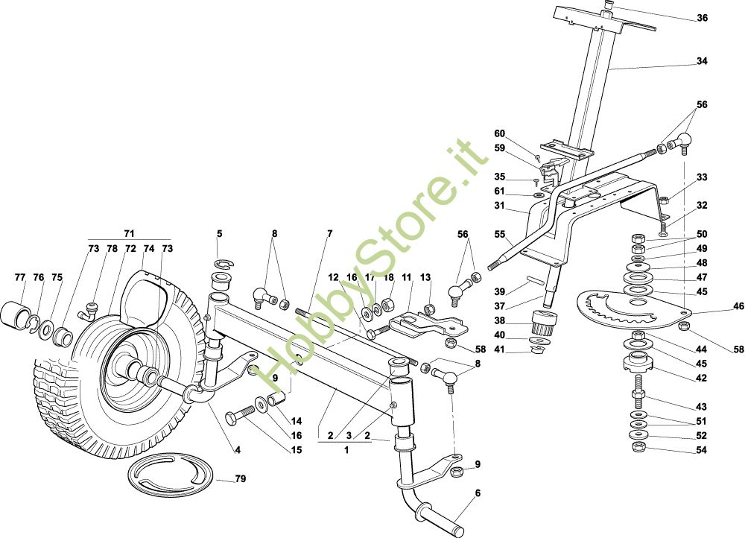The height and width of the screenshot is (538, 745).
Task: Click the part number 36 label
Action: click(702, 18)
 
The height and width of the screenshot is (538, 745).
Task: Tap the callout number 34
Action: click(702, 62)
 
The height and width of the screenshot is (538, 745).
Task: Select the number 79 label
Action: click(240, 479)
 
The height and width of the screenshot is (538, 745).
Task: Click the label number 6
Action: click(478, 493)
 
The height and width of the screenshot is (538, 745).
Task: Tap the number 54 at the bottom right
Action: click(701, 450)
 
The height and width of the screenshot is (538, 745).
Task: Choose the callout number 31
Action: click(499, 206)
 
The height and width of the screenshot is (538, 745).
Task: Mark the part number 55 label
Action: click(499, 234)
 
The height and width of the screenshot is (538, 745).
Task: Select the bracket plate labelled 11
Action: click(421, 321)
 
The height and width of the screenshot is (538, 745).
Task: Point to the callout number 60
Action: click(499, 133)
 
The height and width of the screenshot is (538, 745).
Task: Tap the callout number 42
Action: click(701, 378)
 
